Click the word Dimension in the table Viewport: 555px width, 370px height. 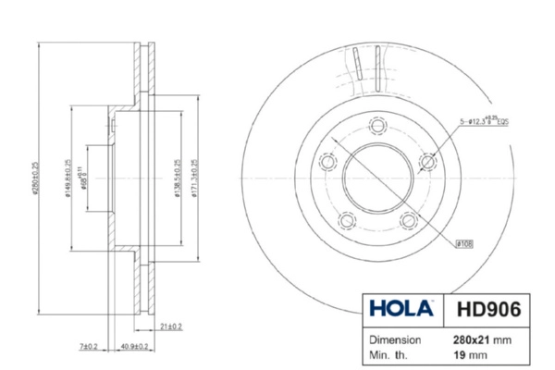(x=397, y=339)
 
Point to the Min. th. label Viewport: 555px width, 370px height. (x=389, y=354)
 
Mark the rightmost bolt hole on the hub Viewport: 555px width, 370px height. (x=428, y=162)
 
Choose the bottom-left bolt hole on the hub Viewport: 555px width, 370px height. (x=348, y=220)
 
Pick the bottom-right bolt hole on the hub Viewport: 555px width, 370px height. (x=409, y=220)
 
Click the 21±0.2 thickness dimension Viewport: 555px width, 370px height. (x=171, y=327)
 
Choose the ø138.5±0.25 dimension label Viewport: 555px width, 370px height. (x=177, y=177)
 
